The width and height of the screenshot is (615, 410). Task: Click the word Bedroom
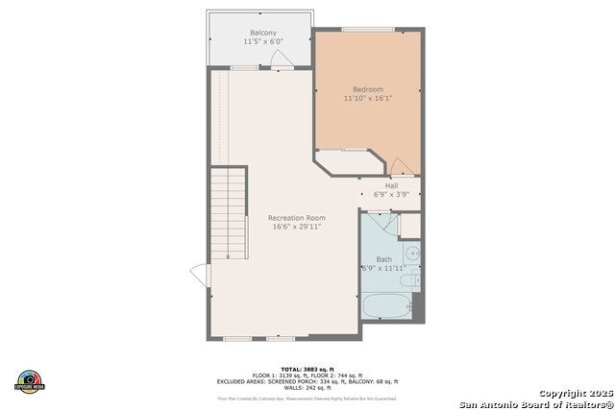point(369,89)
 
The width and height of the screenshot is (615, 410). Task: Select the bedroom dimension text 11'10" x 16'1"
point(369,98)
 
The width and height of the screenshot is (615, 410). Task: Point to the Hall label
point(391,185)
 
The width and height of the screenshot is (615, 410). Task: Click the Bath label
point(384,259)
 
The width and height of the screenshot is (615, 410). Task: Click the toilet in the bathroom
point(409,281)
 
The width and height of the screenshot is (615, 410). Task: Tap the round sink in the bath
point(411,254)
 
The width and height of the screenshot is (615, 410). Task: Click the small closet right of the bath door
point(410,225)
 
